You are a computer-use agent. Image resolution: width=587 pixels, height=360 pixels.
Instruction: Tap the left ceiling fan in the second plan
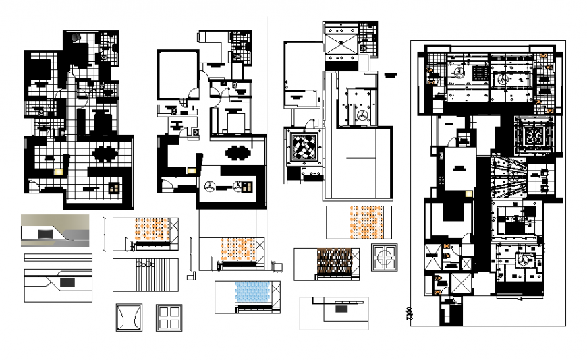[211, 187]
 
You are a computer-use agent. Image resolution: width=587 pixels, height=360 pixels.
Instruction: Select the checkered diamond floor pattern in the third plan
[303, 145]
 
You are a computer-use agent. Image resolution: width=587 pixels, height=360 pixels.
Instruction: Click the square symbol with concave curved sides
[127, 317]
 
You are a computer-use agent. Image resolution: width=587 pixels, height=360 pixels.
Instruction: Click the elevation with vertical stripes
[146, 275]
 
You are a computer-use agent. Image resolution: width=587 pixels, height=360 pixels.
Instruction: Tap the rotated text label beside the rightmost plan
[408, 313]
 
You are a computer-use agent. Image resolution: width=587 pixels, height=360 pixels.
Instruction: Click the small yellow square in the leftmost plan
[59, 171]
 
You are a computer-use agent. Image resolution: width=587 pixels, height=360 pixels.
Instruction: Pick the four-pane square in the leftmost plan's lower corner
[114, 187]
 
